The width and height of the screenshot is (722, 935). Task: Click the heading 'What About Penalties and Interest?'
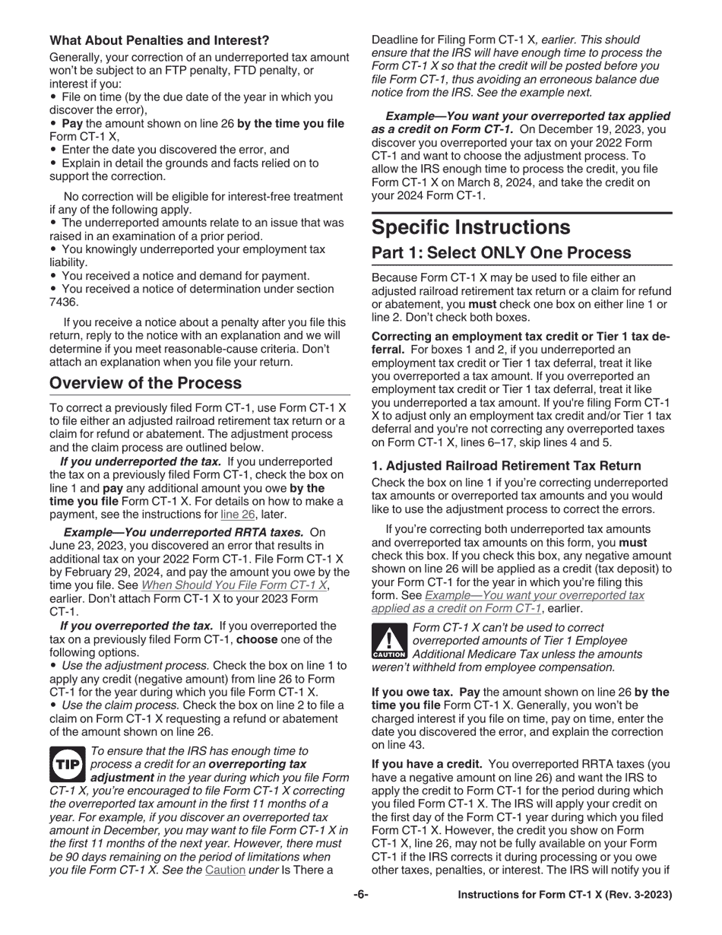tap(159, 40)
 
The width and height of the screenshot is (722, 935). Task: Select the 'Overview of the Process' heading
tap(145, 383)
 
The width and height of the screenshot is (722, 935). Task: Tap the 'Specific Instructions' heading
tap(470, 227)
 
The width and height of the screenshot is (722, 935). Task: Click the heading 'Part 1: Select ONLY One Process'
tap(501, 253)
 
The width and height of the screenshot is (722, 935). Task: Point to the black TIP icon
tap(68, 764)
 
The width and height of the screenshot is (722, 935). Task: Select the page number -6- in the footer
tap(361, 895)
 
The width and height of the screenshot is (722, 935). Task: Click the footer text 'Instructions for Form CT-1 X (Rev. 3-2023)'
tap(564, 895)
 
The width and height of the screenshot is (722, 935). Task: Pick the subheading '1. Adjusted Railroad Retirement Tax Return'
tap(506, 466)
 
